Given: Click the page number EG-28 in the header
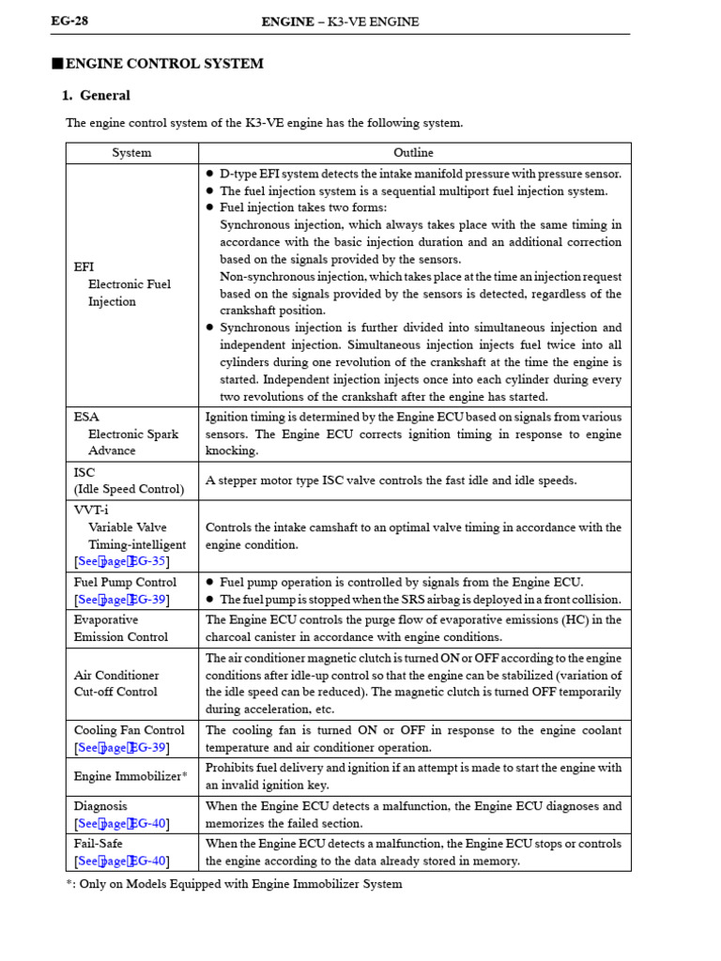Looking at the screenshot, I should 69,22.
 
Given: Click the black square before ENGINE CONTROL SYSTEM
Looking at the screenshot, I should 56,64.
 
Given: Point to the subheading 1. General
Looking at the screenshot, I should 96,96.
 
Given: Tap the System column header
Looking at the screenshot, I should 131,153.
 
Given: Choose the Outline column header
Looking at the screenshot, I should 413,153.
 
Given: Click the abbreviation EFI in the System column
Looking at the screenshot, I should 84,267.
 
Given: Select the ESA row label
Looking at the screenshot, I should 85,417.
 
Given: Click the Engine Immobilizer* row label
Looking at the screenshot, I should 130,776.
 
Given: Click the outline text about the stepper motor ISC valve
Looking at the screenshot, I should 391,480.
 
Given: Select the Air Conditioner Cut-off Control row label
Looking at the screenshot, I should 116,683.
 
